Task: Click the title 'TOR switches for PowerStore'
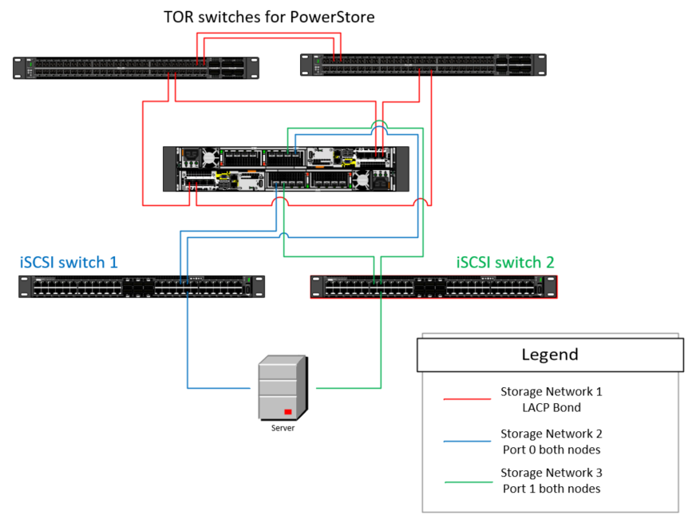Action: (269, 17)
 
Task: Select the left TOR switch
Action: (136, 68)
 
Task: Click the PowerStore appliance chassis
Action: (285, 168)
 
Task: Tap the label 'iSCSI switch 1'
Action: (69, 262)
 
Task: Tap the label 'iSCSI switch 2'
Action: (504, 262)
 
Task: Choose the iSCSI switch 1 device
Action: (141, 286)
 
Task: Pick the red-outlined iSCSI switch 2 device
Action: (433, 287)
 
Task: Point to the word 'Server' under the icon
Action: (283, 428)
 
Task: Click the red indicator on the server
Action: (287, 412)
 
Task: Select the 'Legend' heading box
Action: (550, 354)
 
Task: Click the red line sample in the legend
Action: (467, 398)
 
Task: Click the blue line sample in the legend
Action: (467, 440)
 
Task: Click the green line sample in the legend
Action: (467, 481)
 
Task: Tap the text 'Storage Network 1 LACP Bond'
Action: (551, 399)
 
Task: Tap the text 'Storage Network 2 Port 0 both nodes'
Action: (551, 441)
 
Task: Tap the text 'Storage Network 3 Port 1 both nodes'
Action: (551, 481)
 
